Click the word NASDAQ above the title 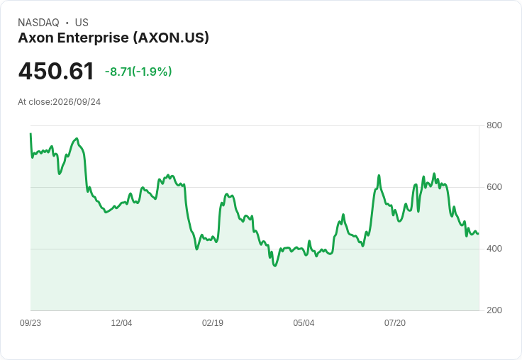pos(38,23)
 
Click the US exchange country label pos(82,23)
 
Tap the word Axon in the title pos(35,38)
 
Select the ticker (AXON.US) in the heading pos(171,38)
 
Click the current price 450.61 pos(56,71)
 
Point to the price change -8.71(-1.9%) pos(138,72)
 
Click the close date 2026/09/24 pos(77,102)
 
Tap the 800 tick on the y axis pos(494,125)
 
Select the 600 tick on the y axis pos(494,187)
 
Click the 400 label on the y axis pos(494,249)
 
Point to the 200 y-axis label pos(494,310)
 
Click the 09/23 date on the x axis pos(30,323)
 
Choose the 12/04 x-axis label pos(121,323)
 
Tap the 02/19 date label pos(213,323)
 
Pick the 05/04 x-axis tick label pos(304,323)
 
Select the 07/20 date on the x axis pos(395,323)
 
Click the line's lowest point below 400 pos(274,266)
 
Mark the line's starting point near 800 pos(30,134)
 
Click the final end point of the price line pos(479,234)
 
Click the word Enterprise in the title pos(93,38)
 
